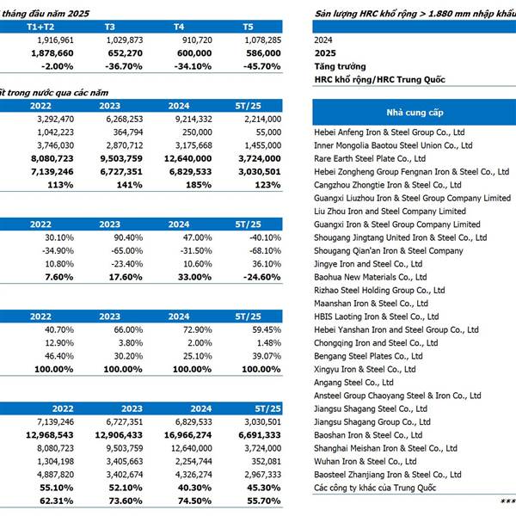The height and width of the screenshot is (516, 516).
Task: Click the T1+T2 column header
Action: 40,27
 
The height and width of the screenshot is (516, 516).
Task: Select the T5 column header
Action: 248,27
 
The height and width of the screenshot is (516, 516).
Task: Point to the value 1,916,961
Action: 56,40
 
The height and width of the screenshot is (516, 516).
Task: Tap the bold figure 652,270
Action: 125,53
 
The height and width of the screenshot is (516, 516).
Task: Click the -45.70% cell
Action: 262,66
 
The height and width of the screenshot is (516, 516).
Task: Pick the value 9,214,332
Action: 193,120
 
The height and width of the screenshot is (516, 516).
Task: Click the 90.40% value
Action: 128,237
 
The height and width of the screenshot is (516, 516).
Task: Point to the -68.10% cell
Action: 265,251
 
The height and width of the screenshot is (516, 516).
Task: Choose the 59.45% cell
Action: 267,329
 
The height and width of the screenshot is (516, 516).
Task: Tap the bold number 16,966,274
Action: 187,435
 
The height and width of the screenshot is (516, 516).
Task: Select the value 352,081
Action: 267,461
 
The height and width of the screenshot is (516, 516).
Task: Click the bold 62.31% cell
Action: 56,501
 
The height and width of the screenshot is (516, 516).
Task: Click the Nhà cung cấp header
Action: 415,113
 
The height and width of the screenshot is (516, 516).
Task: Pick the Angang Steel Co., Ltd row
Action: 353,383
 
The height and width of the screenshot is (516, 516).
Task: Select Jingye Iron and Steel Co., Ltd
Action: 368,264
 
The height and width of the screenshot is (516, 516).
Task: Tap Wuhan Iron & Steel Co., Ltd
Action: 365,461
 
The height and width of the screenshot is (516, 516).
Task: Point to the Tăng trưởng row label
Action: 340,66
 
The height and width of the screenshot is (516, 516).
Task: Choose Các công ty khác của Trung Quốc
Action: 375,488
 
